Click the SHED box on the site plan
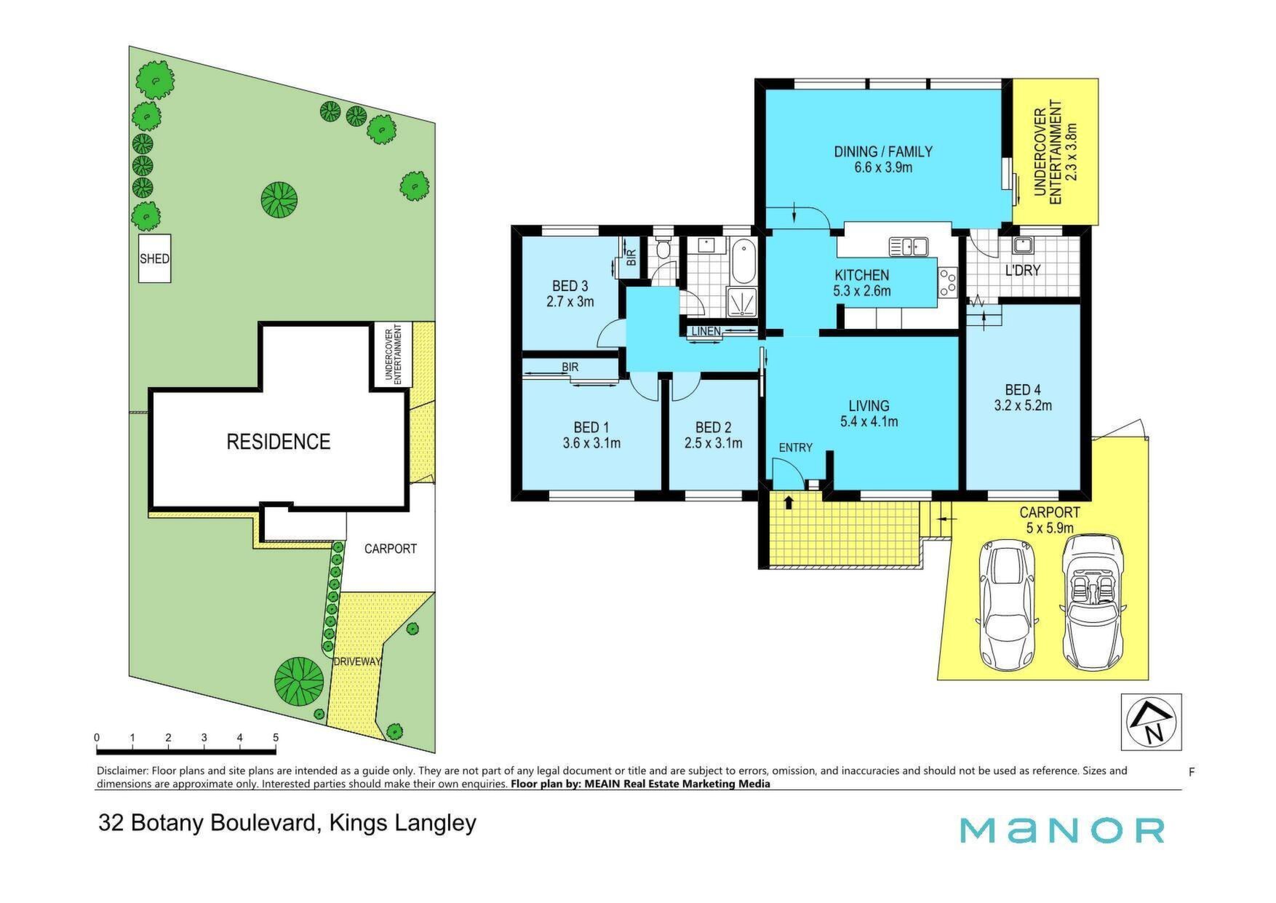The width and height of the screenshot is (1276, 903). [x=155, y=258]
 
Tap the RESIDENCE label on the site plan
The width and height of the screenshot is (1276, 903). [x=279, y=442]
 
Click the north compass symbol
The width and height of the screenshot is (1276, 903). [x=1151, y=722]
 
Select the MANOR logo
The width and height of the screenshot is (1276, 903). [x=1063, y=830]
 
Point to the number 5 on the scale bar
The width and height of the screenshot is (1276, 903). [x=276, y=738]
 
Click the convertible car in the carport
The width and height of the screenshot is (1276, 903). [x=1092, y=602]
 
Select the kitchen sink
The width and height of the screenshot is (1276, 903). [x=908, y=247]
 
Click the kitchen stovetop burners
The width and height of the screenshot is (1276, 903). [x=948, y=282]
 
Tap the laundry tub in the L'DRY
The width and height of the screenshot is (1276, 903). [x=1026, y=245]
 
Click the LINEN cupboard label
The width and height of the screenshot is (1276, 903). [x=706, y=332]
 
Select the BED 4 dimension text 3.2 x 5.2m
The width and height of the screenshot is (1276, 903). [x=1023, y=406]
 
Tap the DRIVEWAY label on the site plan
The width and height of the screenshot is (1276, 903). [x=357, y=662]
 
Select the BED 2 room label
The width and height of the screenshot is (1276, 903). [x=713, y=427]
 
